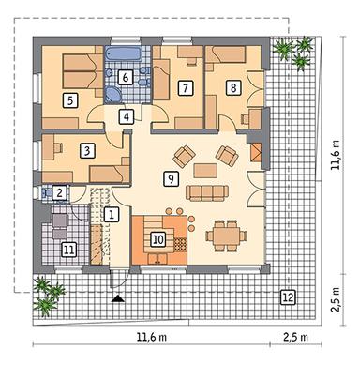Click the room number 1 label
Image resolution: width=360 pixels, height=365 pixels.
click(112, 214)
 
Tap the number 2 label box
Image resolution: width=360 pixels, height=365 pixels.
click(59, 192)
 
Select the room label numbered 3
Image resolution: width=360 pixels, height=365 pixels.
click(85, 149)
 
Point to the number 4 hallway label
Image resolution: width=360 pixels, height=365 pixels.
click(127, 116)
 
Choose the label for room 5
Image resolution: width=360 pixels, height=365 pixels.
click(70, 98)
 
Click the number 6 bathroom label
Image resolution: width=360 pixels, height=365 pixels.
click(126, 77)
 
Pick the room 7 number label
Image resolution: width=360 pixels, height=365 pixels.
click(186, 88)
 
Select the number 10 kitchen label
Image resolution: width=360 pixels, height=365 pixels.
click(158, 239)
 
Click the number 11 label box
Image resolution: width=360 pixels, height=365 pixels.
click(67, 249)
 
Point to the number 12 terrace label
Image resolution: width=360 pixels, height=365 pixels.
click(287, 297)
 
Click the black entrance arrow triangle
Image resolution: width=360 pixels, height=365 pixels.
click(119, 298)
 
